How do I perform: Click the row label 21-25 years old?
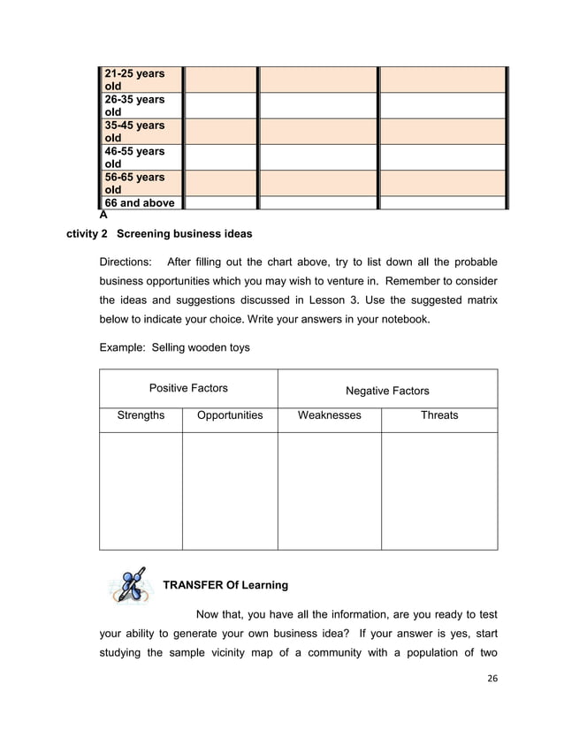point(134,80)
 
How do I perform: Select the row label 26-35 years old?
point(134,105)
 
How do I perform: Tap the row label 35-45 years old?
point(134,132)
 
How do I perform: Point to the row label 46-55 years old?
point(134,157)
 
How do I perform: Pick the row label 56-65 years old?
point(134,183)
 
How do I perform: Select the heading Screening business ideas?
point(184,234)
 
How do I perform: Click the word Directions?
point(126,262)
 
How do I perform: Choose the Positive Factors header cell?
point(188,388)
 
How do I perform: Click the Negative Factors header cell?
point(387,390)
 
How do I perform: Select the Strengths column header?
point(141,414)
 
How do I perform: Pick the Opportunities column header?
point(230,414)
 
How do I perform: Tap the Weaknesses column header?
point(329,414)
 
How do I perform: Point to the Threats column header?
point(439,414)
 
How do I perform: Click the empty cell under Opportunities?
point(230,490)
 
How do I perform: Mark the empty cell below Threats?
point(439,490)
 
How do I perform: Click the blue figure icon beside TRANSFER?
point(129,585)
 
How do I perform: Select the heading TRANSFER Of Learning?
point(225,585)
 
